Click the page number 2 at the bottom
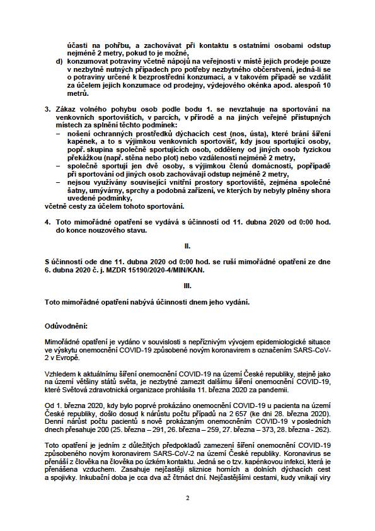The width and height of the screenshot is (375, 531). [188, 498]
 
